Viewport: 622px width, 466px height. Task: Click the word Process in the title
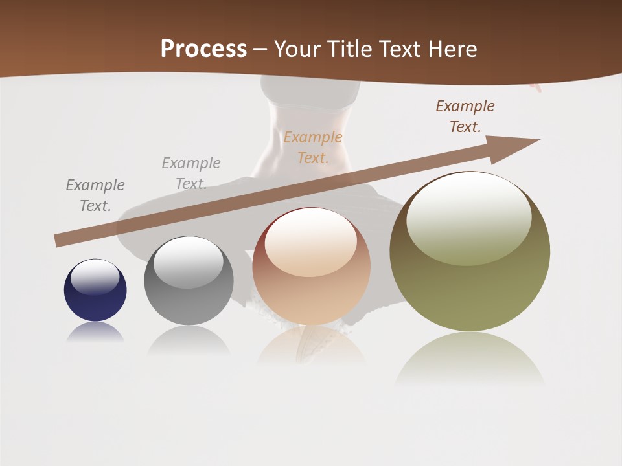203,49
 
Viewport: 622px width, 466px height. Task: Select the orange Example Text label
313,147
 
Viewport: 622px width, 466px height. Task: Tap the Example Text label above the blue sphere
95,195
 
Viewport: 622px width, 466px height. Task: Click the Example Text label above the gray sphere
191,173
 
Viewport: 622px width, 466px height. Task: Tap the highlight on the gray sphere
189,262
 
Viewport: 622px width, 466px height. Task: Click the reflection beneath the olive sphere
470,359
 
